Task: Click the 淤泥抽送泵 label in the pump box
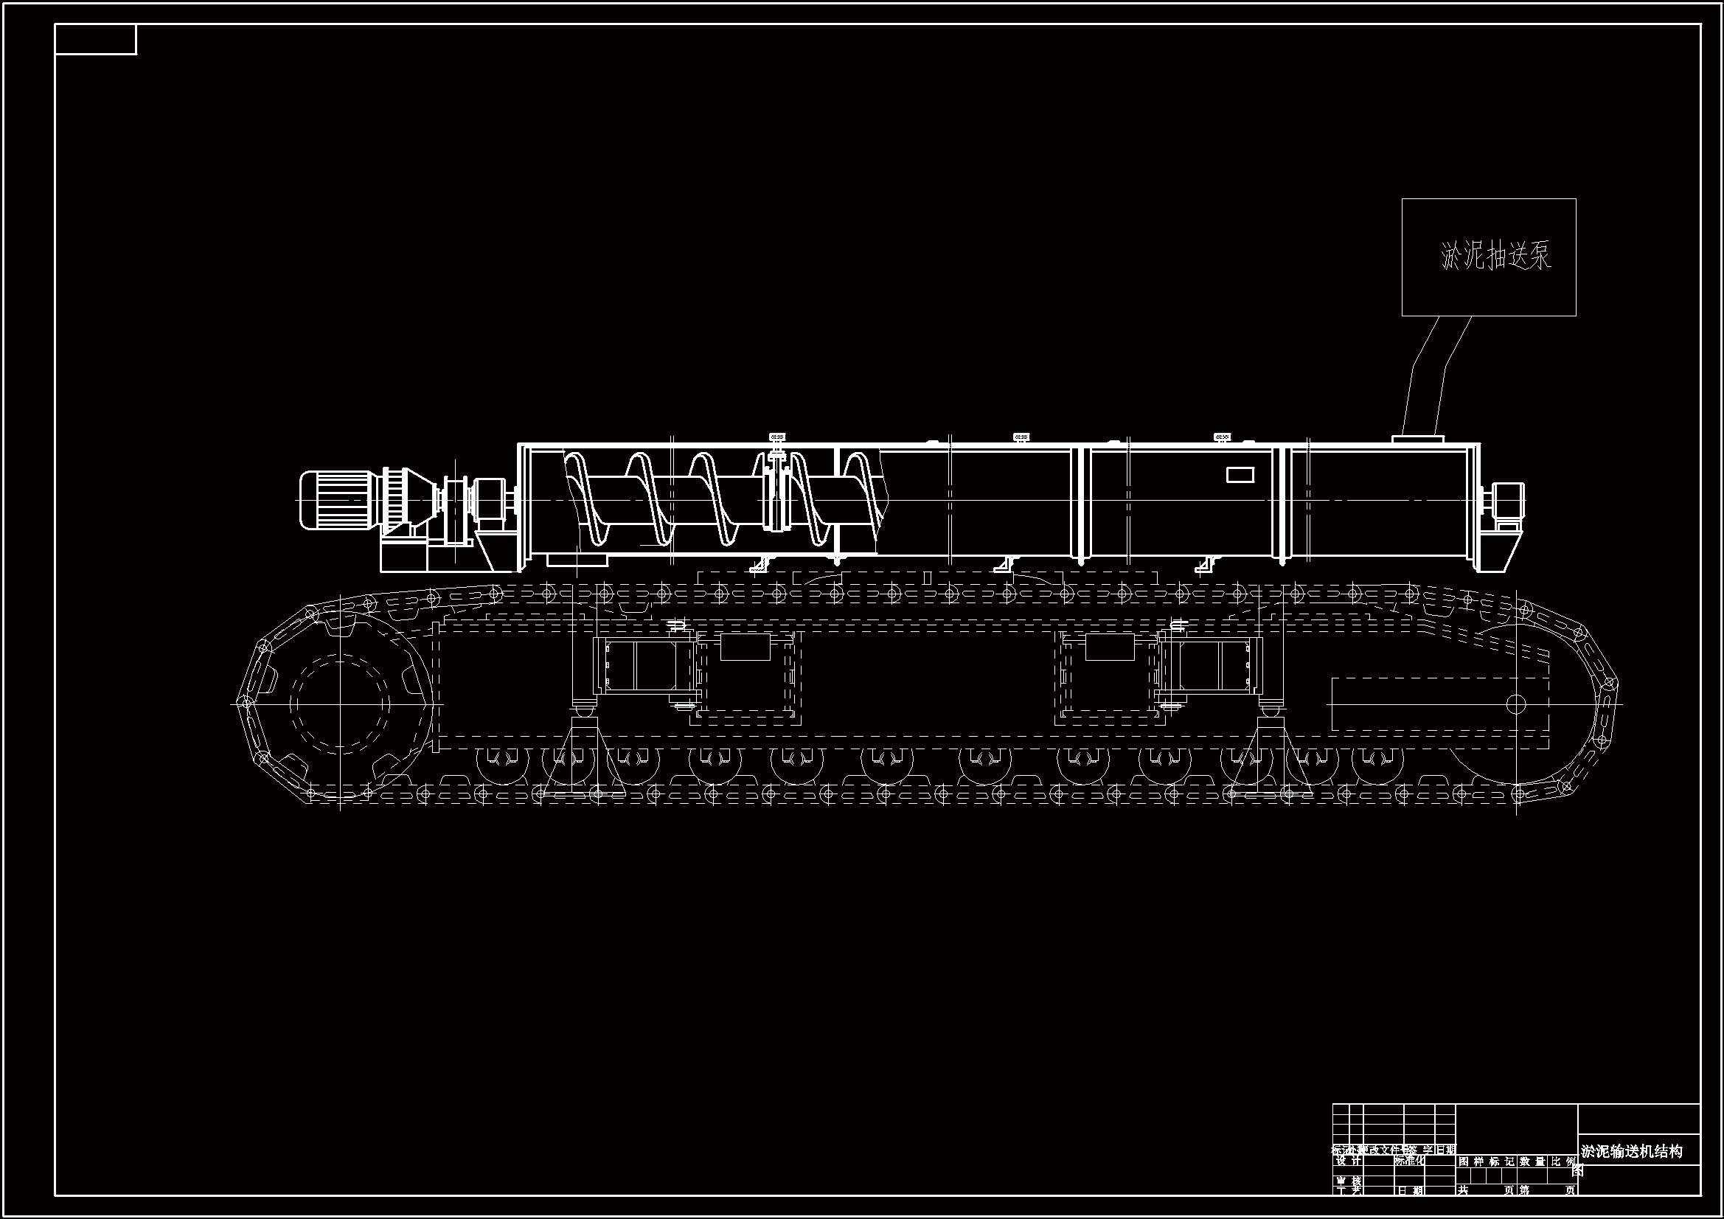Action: (x=1495, y=257)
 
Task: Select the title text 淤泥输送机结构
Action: (x=1632, y=1151)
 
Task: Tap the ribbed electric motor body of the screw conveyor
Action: (x=337, y=499)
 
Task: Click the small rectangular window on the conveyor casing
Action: (x=1240, y=475)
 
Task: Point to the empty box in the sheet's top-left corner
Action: (x=95, y=39)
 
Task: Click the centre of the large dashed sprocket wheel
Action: (x=340, y=704)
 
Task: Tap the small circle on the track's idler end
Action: (x=1516, y=704)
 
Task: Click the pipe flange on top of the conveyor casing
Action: (x=1418, y=439)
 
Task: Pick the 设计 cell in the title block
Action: (x=1348, y=1161)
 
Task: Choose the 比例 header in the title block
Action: (x=1563, y=1161)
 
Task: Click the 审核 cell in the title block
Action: (x=1348, y=1181)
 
